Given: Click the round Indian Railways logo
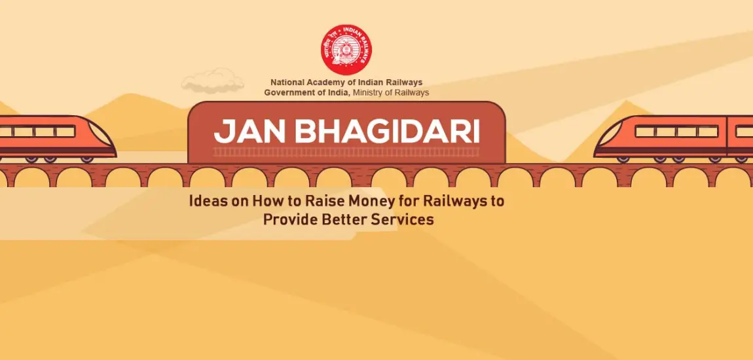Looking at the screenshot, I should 346,50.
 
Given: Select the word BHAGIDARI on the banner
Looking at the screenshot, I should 386,132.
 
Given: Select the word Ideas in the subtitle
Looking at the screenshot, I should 207,201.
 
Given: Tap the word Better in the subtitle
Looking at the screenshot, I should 344,219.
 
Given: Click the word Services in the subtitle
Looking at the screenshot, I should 402,219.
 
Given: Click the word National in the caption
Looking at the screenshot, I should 287,82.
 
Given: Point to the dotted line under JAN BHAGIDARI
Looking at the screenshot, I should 346,152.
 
